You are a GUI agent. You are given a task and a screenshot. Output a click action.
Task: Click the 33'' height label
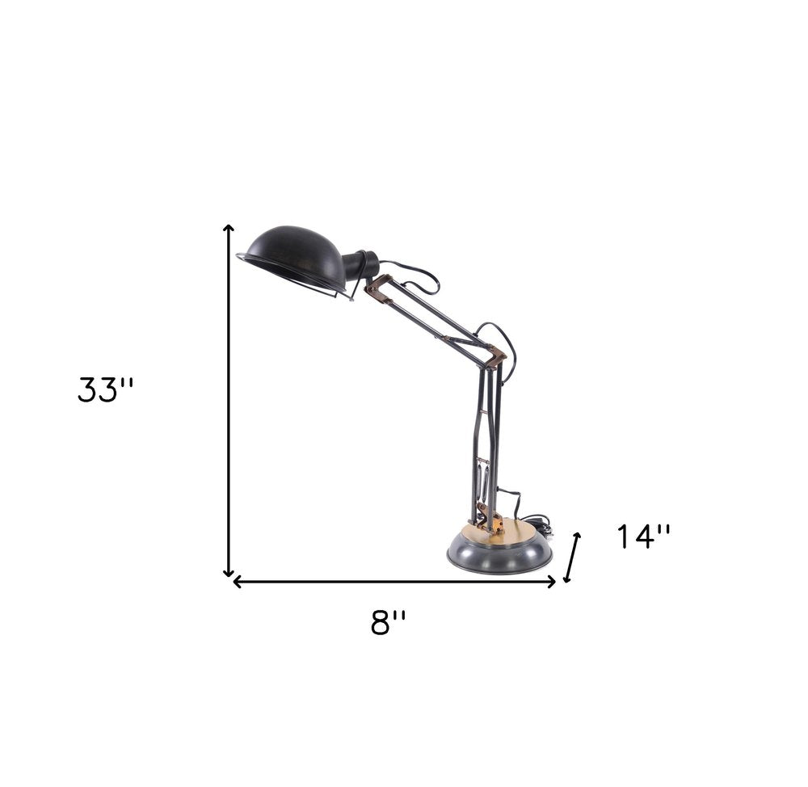click(105, 389)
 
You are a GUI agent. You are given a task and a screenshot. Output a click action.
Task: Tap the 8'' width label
click(388, 622)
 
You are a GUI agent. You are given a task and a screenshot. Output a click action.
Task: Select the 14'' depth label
click(644, 536)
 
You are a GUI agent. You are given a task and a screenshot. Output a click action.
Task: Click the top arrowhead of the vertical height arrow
click(229, 229)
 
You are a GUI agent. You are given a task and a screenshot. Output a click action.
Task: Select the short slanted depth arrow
click(572, 557)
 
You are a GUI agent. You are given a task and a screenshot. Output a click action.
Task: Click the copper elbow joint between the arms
click(494, 356)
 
